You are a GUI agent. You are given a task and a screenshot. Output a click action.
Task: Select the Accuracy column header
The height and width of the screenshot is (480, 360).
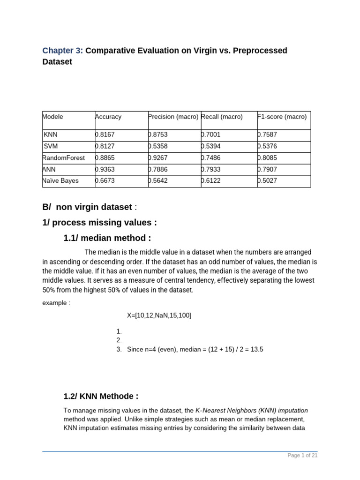pyautogui.click(x=108, y=117)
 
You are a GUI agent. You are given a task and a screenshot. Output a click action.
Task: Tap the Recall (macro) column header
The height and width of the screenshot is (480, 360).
pyautogui.click(x=222, y=117)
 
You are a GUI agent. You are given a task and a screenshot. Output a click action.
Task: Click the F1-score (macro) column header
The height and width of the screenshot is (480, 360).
pyautogui.click(x=282, y=117)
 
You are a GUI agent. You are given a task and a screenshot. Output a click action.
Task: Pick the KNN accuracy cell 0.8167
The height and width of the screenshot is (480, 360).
pyautogui.click(x=105, y=135)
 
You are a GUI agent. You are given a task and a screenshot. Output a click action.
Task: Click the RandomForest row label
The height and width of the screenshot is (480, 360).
pyautogui.click(x=64, y=158)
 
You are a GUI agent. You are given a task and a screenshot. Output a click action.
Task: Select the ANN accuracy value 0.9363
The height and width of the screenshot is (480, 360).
pyautogui.click(x=105, y=169)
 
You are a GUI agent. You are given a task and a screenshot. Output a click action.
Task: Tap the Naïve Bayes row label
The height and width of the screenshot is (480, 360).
pyautogui.click(x=60, y=181)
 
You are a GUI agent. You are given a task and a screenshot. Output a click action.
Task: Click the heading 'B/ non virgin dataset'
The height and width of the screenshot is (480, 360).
pyautogui.click(x=87, y=207)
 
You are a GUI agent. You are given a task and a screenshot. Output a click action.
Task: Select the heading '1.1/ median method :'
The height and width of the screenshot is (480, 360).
pyautogui.click(x=107, y=238)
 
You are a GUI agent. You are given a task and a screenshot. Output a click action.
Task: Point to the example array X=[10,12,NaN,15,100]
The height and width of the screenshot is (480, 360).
pyautogui.click(x=159, y=315)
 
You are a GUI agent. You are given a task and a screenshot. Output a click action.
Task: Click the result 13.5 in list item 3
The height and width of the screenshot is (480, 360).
pyautogui.click(x=256, y=350)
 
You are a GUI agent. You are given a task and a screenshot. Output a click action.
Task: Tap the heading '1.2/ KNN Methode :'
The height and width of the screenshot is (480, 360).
pyautogui.click(x=101, y=397)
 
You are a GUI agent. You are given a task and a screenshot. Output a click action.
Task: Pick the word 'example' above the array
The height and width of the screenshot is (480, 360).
pyautogui.click(x=54, y=303)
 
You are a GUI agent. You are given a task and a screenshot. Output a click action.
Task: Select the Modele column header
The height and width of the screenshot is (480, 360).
pyautogui.click(x=53, y=117)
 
